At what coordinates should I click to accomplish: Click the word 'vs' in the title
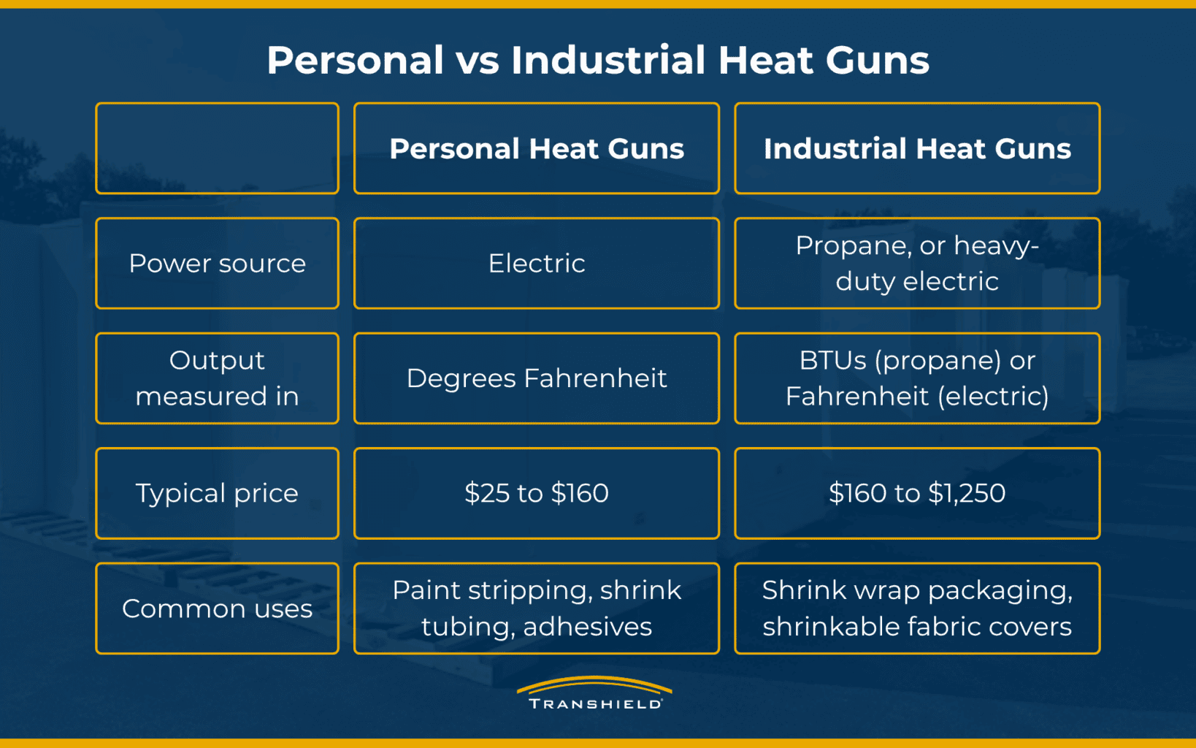pos(478,60)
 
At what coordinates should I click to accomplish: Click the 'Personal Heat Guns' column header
pos(537,148)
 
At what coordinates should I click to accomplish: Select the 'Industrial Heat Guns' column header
pos(917,148)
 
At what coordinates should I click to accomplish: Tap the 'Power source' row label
pos(218,264)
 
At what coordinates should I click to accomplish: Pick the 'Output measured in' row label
pos(218,378)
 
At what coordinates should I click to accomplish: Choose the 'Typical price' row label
pos(218,493)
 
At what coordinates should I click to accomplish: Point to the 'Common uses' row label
pos(218,608)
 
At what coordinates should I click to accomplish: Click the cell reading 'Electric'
pos(537,264)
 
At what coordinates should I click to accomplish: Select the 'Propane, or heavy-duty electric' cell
pos(917,264)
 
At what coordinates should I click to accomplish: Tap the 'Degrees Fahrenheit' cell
pos(537,378)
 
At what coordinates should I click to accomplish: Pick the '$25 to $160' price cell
pos(537,493)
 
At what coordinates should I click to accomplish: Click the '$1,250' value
pos(967,493)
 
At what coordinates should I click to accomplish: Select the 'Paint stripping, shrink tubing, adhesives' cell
pos(537,608)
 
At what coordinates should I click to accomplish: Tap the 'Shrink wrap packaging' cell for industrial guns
pos(917,608)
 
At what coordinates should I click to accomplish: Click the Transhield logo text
pos(595,703)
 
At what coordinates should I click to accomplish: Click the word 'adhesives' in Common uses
pos(587,626)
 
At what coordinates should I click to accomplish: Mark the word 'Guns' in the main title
pos(877,60)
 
